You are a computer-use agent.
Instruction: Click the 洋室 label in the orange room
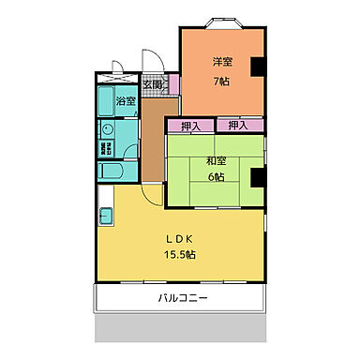click(x=222, y=63)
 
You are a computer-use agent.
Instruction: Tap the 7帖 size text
click(x=222, y=81)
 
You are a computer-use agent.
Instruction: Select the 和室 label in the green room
click(x=214, y=160)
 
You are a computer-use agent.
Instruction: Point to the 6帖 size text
click(x=214, y=178)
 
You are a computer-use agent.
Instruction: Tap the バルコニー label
click(x=182, y=299)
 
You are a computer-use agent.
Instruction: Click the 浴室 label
click(x=126, y=100)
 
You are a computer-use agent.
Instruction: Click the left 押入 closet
click(x=190, y=124)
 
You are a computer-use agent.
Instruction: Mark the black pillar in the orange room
click(x=257, y=67)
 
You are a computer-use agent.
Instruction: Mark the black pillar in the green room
click(x=257, y=176)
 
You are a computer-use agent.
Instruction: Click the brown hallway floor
click(x=153, y=141)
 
